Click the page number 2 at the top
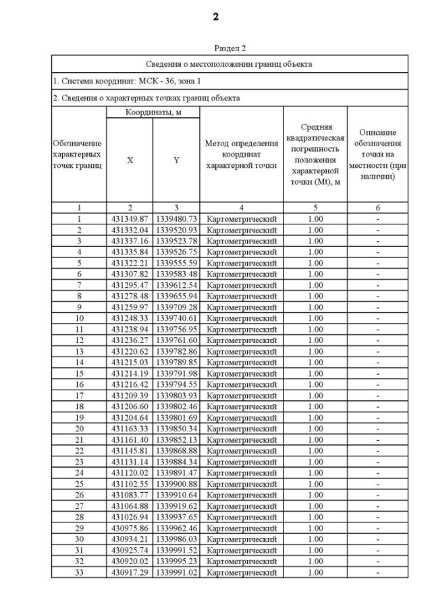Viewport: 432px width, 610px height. click(x=215, y=17)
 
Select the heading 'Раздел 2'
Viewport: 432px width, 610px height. click(x=230, y=49)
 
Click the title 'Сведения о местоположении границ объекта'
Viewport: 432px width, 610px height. click(x=230, y=64)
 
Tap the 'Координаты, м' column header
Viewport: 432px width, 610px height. click(x=153, y=112)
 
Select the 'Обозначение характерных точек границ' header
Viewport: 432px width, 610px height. click(x=78, y=154)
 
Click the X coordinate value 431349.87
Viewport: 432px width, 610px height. click(x=130, y=218)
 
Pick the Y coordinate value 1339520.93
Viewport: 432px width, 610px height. click(x=176, y=229)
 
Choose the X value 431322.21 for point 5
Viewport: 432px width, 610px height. click(x=130, y=262)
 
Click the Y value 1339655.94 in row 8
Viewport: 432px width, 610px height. click(x=176, y=295)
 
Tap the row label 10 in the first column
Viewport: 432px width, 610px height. click(x=78, y=317)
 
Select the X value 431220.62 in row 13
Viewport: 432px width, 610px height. click(x=130, y=350)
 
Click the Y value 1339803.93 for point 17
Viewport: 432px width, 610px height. click(x=176, y=394)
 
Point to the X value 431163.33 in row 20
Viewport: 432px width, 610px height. click(x=130, y=427)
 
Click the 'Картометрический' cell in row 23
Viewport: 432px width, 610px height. click(x=241, y=461)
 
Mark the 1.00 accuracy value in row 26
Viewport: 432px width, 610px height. click(x=315, y=494)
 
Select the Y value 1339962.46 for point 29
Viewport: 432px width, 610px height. click(x=176, y=527)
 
